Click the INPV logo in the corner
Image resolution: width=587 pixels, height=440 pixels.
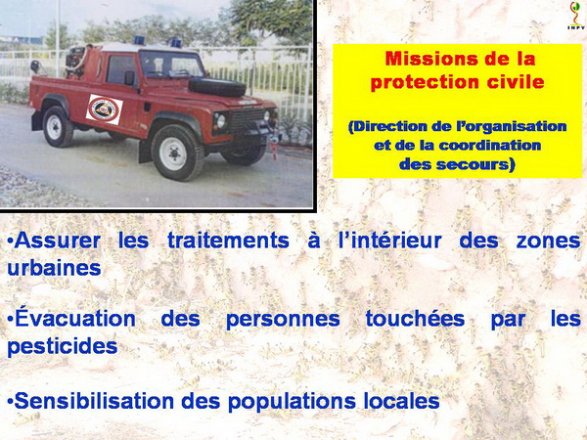[x=576, y=16]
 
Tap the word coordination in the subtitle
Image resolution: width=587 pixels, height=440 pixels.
[x=490, y=145]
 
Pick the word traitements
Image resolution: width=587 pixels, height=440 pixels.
[x=228, y=241]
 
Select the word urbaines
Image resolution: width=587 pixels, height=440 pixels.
[x=54, y=268]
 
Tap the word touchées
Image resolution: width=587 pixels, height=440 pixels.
[x=415, y=319]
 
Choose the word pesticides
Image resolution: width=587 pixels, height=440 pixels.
[x=63, y=346]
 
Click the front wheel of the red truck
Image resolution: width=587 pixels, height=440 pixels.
[x=177, y=153]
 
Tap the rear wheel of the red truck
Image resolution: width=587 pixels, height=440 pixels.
[x=57, y=126]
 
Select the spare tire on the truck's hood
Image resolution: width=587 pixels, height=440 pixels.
[x=217, y=87]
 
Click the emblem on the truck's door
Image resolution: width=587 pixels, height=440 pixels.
[x=105, y=110]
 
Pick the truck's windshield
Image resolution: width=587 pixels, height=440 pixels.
[x=171, y=65]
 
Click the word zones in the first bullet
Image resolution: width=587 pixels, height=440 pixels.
[x=548, y=241]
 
